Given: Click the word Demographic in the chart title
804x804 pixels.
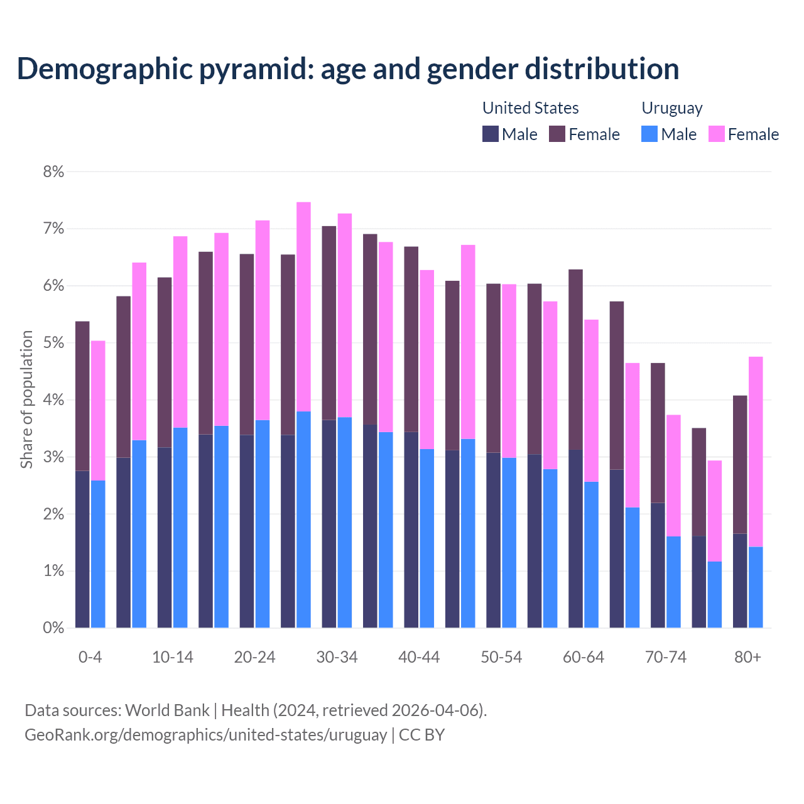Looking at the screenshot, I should coord(104,69).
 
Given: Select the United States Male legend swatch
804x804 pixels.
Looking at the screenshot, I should coord(491,134).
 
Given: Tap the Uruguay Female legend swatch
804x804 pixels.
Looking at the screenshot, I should coord(716,134).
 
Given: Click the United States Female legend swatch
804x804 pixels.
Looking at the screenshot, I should coord(557,134).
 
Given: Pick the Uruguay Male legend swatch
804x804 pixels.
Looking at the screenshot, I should coord(649,134).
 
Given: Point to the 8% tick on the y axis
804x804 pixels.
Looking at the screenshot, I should coord(53,172).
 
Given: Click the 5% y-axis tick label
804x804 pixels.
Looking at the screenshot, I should coord(53,343).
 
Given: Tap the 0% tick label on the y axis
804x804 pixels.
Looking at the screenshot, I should coord(53,627).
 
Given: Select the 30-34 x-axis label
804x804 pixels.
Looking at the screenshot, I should coord(337,657).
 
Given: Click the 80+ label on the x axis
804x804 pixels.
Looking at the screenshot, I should coord(747,657).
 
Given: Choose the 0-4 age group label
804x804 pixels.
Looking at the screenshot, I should coord(90,657).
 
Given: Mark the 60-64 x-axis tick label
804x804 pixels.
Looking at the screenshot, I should coord(583,657).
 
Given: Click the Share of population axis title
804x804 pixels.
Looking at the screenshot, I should coord(26,399).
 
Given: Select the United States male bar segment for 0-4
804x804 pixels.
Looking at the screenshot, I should coord(82,550).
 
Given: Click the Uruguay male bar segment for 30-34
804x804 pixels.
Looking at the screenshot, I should coord(345,521).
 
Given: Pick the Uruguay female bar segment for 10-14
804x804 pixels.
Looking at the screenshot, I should coord(180,332).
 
